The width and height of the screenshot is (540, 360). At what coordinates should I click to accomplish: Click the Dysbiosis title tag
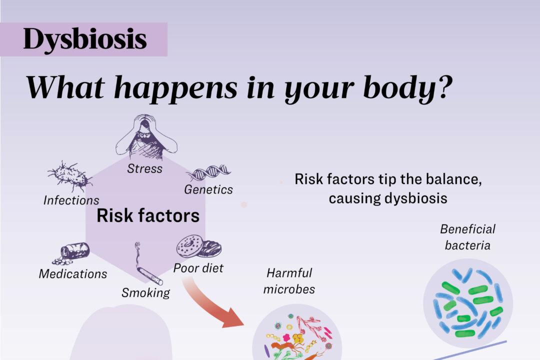[84, 39]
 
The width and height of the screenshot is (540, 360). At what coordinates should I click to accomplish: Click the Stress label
[144, 168]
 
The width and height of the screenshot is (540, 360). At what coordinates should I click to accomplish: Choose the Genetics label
[208, 190]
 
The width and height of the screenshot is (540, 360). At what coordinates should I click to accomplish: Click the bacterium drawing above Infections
[70, 175]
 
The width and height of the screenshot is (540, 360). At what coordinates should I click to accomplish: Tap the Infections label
[71, 200]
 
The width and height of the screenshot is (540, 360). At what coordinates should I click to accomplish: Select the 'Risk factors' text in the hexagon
[147, 216]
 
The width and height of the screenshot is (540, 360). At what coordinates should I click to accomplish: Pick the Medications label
[73, 274]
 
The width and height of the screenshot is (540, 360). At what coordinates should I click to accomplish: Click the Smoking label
[145, 292]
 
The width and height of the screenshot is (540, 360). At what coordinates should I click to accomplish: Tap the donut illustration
[198, 247]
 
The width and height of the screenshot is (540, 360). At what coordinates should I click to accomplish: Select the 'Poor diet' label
[198, 268]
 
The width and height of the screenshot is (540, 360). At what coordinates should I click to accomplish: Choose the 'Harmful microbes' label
[289, 281]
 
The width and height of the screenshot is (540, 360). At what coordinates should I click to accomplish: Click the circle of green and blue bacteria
[468, 303]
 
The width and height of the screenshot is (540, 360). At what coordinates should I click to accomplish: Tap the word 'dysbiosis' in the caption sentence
[415, 198]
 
